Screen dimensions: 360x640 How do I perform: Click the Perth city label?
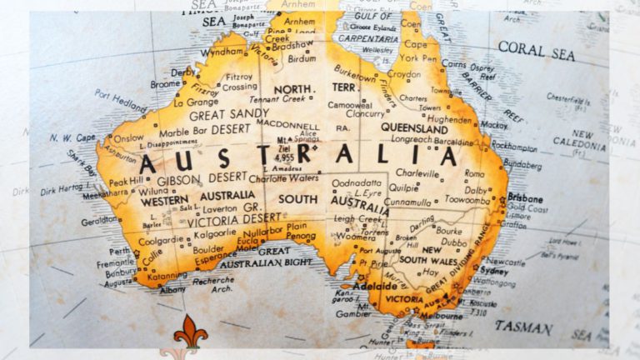coord(120,251)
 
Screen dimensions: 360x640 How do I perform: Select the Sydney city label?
coord(495,271)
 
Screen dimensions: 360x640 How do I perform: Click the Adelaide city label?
coord(375,285)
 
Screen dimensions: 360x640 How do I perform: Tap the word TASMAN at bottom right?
coord(523,327)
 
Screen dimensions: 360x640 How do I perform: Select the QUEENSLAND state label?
coord(416,127)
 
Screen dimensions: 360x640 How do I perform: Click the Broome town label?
coord(165,83)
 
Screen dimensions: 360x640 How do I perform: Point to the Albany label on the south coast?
coord(173,289)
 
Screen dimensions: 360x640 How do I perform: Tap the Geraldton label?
coord(99,220)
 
